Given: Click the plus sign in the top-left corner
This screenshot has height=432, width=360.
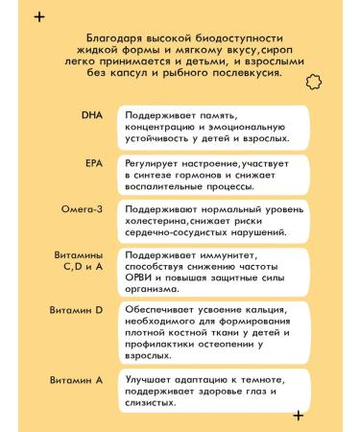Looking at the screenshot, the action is [x=37, y=15].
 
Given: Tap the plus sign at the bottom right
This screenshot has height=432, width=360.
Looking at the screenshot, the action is [x=298, y=416].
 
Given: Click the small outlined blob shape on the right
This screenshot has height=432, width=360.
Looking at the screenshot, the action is [x=312, y=84].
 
